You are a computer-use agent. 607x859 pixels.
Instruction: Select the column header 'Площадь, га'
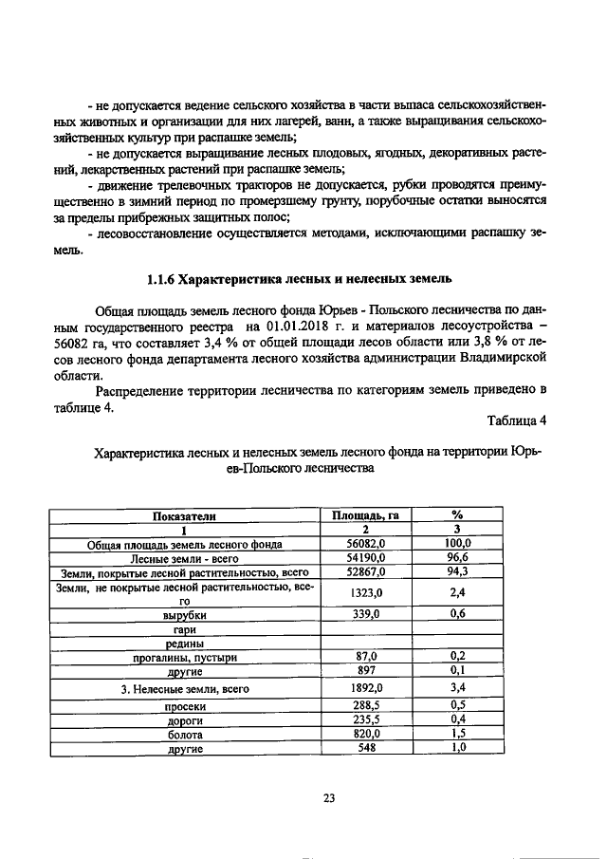tap(364, 515)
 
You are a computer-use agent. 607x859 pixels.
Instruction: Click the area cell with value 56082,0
tap(364, 543)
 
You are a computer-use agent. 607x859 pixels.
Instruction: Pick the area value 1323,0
tap(364, 592)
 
